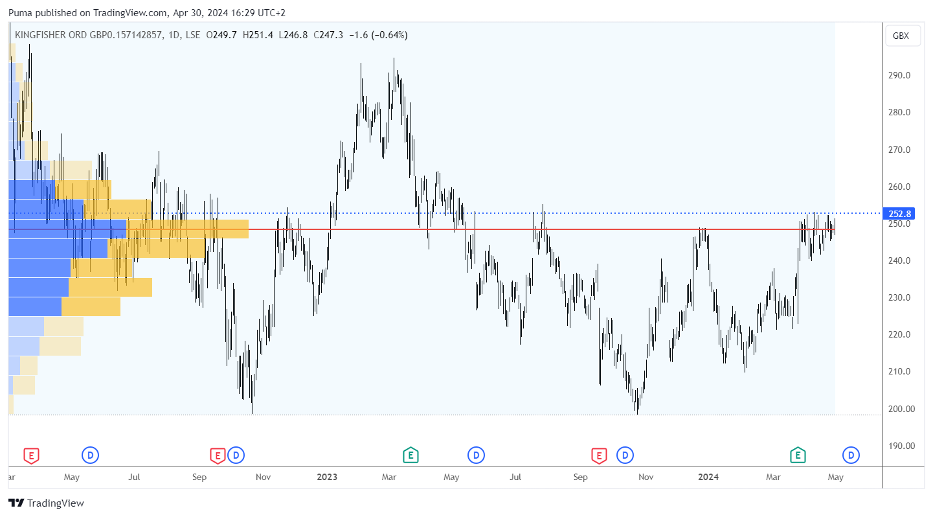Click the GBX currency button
[901, 36]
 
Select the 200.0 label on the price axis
[901, 409]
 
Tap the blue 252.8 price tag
[901, 214]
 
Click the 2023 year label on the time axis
[327, 477]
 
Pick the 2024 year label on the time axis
[708, 477]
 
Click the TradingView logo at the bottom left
[47, 503]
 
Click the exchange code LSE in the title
[192, 35]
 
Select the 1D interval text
[173, 35]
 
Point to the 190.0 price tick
[901, 446]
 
